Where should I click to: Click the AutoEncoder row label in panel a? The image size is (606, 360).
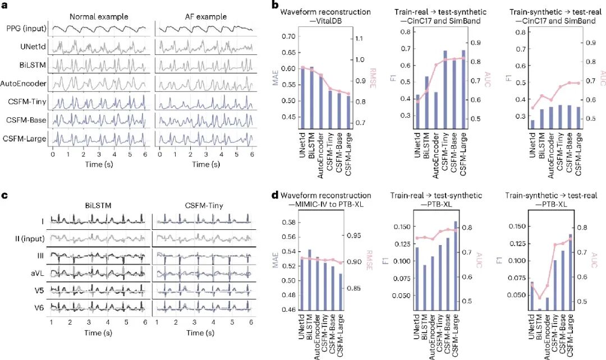pyautogui.click(x=24, y=83)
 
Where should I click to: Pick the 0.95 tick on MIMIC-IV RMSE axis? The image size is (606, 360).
pyautogui.click(x=361, y=236)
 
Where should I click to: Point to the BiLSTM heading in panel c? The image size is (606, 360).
pyautogui.click(x=99, y=206)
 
